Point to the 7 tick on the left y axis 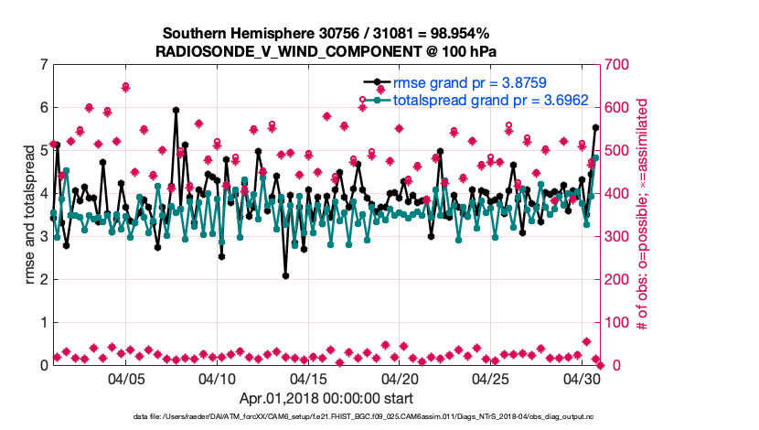pos(42,65)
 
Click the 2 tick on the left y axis pos(42,280)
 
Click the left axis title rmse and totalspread pos(30,215)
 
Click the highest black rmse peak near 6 pos(176,110)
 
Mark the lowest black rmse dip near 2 pos(285,275)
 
